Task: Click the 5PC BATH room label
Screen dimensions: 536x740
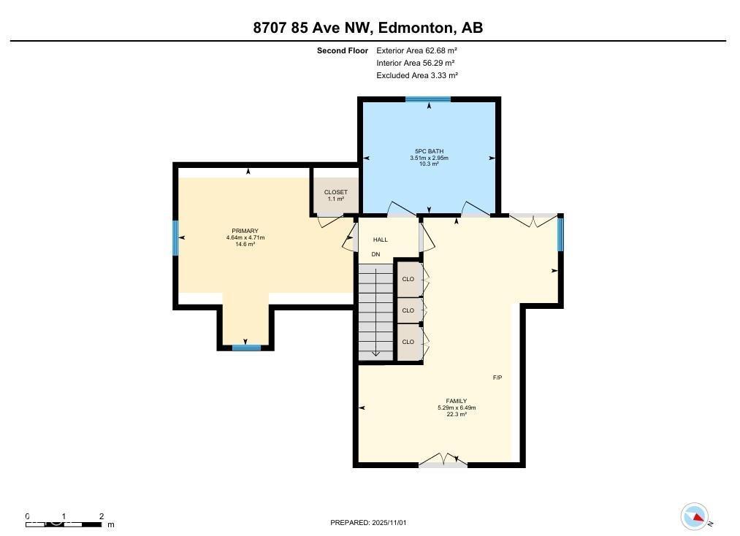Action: (429, 151)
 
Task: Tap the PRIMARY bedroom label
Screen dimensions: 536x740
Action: (245, 231)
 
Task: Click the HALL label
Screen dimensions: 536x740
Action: (381, 240)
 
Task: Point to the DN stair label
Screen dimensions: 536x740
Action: (375, 255)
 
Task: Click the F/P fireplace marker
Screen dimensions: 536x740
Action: (497, 378)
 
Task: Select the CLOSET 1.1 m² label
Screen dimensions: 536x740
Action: (336, 195)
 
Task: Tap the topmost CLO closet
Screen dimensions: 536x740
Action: (408, 279)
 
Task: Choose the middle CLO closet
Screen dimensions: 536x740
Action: (408, 310)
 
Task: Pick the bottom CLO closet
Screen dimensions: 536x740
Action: (408, 342)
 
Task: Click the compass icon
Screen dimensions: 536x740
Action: (695, 517)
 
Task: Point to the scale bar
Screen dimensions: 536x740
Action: (64, 524)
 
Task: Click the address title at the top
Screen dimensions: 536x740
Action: (368, 28)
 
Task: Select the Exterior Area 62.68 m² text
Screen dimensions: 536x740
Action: (416, 51)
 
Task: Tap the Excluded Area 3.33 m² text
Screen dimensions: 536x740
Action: (417, 75)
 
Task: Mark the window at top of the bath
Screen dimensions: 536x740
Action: (428, 99)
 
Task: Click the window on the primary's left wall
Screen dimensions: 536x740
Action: (175, 238)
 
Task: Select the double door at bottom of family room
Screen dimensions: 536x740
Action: (443, 462)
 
